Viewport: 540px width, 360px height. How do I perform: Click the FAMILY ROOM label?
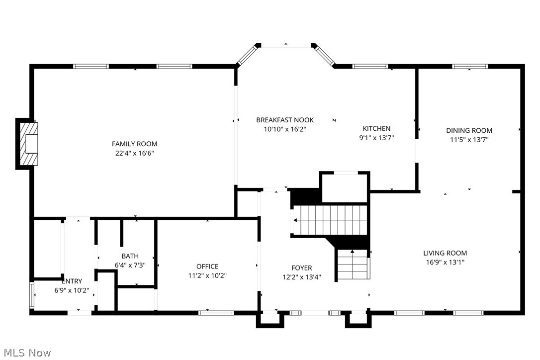click(134, 144)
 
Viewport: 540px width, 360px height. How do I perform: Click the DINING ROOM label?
click(469, 131)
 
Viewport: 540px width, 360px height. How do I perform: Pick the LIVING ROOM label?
click(445, 253)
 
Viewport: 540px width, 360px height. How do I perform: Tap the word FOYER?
click(302, 268)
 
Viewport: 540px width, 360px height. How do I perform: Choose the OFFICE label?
click(207, 267)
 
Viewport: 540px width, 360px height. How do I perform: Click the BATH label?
click(130, 256)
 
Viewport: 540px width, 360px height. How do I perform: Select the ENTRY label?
click(72, 281)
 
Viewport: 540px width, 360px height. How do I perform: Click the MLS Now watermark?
click(26, 353)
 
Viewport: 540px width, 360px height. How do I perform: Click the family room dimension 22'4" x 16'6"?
click(134, 153)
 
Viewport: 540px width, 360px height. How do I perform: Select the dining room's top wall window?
click(470, 66)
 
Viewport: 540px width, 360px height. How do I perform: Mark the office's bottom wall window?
click(216, 313)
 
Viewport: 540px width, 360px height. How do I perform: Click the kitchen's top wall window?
click(370, 66)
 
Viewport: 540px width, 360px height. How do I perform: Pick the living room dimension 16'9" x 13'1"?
click(445, 262)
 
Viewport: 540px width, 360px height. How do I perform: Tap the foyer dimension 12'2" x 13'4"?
click(302, 277)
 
